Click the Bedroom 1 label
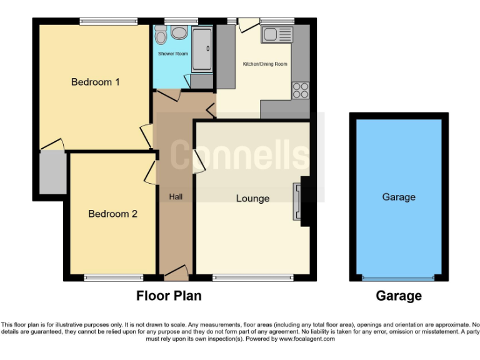(95, 82)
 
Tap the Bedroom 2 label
(112, 214)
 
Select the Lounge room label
(252, 198)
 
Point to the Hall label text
(176, 197)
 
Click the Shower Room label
(172, 54)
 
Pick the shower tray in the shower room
(202, 48)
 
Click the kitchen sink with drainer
(277, 34)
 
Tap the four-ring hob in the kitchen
(300, 90)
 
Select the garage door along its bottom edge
(399, 277)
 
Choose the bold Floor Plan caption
(169, 296)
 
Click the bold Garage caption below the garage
(399, 296)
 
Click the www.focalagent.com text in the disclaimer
(307, 339)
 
